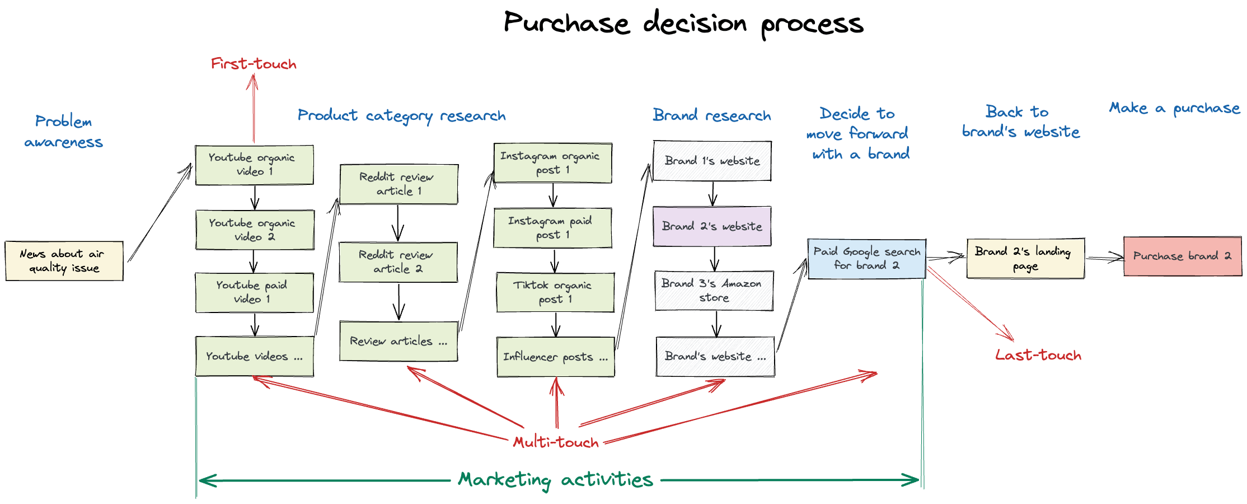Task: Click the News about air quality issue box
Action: pos(64,261)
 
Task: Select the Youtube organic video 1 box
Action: pos(254,165)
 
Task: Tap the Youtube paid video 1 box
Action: pos(254,292)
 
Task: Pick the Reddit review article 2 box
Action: pos(398,262)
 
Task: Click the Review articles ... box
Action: pos(398,341)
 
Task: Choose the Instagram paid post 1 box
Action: pos(552,228)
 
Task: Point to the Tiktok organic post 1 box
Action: pos(555,292)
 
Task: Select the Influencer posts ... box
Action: pos(555,357)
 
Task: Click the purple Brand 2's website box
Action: pos(712,226)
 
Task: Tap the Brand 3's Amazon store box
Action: pos(714,291)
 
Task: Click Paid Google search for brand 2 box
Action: pos(866,259)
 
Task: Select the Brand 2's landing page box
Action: pos(1025,258)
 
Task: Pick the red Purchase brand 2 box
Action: pos(1182,256)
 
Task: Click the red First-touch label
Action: pos(254,64)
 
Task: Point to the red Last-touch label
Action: pos(1038,355)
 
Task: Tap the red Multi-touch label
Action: pos(556,442)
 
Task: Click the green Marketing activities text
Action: pos(555,480)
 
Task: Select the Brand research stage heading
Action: pos(712,115)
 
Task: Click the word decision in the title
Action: pos(695,24)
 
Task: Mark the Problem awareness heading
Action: pos(63,132)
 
